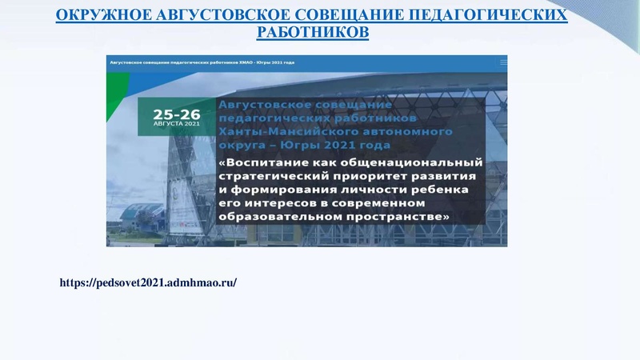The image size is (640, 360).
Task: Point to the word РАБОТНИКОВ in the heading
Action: pos(313,33)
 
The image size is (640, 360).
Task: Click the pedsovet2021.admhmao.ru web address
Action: pos(148,283)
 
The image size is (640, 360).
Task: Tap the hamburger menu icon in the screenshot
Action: pos(502,61)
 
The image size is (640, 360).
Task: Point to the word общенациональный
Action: pos(416,160)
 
